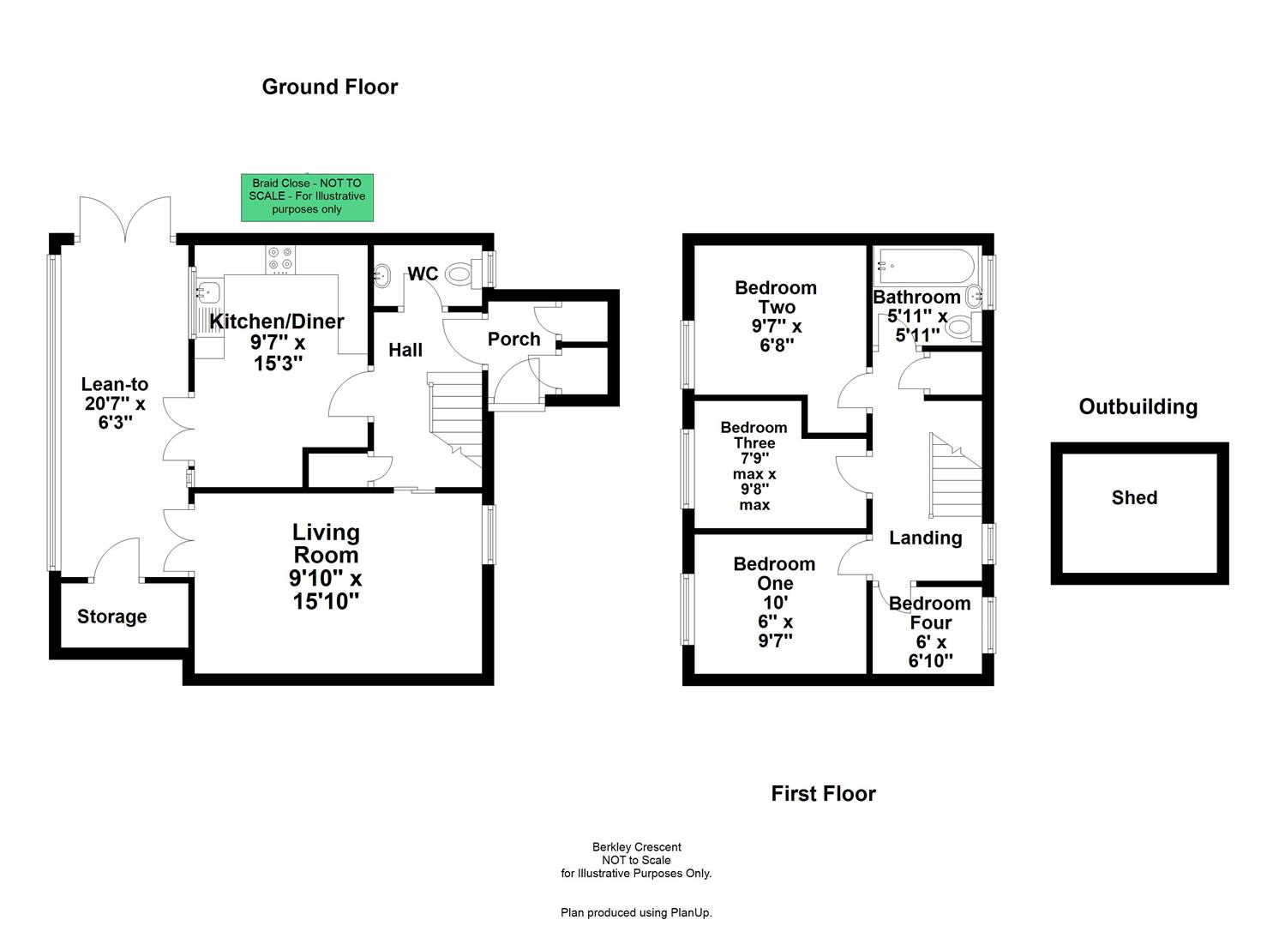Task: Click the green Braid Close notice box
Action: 307,196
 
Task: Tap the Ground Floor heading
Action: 330,87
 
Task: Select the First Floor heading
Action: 823,794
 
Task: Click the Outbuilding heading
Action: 1138,407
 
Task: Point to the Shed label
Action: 1134,498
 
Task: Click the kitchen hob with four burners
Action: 280,260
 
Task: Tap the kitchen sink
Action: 207,292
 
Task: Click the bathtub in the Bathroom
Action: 924,265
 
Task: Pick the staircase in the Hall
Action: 456,420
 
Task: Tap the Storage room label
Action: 111,616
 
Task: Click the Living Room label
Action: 326,544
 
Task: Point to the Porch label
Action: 513,340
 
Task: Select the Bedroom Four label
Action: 930,613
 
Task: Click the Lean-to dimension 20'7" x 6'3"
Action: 115,412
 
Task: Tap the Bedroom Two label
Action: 776,298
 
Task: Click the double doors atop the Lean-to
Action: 125,219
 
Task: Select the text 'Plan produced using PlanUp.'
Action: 636,912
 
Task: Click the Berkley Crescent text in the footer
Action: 636,847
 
